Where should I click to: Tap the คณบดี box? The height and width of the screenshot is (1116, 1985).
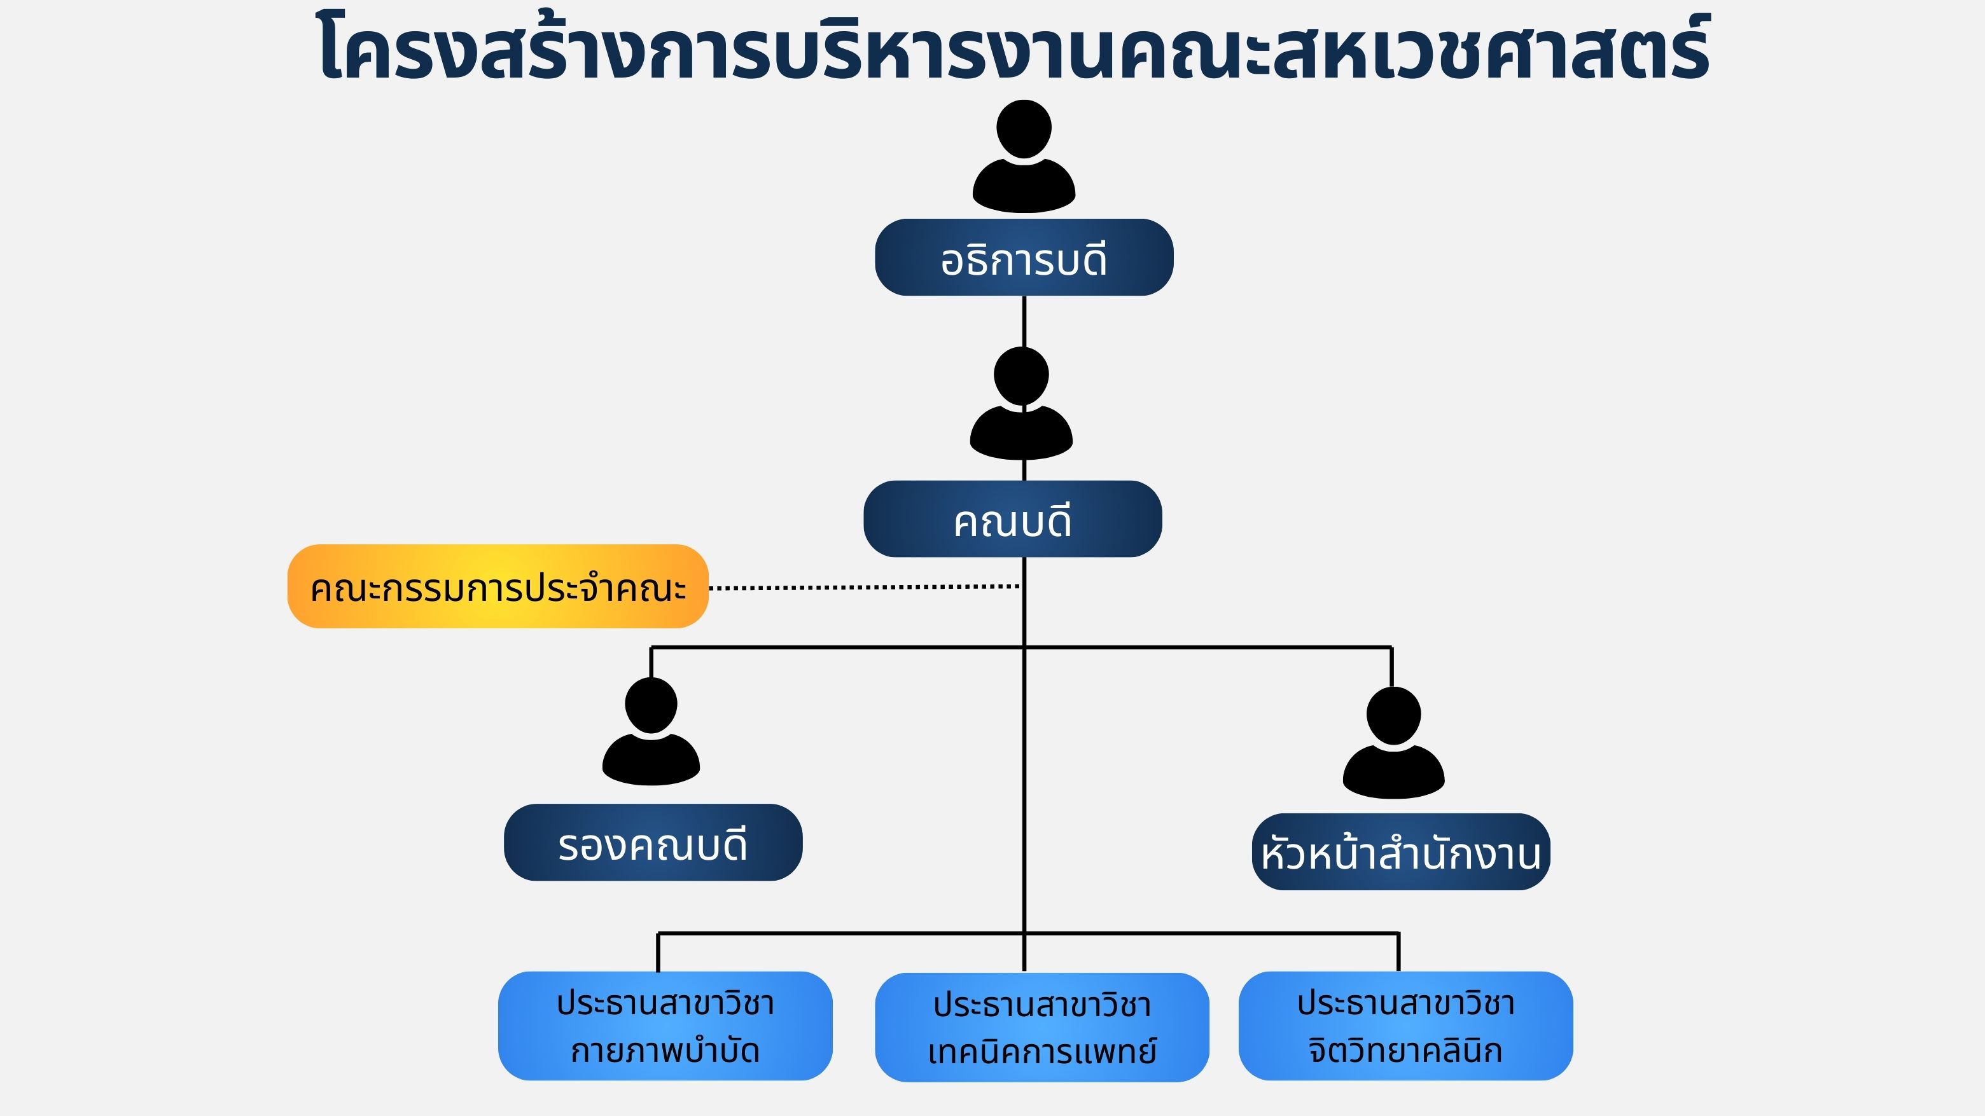point(1012,519)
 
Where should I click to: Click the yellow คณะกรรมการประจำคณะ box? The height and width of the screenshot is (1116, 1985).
point(498,587)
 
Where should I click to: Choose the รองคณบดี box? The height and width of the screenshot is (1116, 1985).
point(653,843)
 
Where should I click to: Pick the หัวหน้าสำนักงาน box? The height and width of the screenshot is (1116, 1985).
point(1400,852)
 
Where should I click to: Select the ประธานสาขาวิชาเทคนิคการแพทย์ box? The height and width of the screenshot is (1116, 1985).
point(1042,1028)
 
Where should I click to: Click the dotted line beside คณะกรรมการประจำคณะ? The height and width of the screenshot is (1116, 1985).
point(863,587)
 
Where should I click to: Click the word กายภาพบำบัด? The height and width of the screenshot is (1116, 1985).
point(665,1051)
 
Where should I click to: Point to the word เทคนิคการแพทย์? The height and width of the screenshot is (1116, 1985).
point(1042,1052)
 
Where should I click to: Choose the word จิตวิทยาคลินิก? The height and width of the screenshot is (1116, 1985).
point(1405,1051)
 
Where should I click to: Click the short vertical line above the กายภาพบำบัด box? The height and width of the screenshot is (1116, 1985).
point(658,953)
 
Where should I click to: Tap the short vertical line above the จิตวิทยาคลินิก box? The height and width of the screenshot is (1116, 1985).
point(1398,953)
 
